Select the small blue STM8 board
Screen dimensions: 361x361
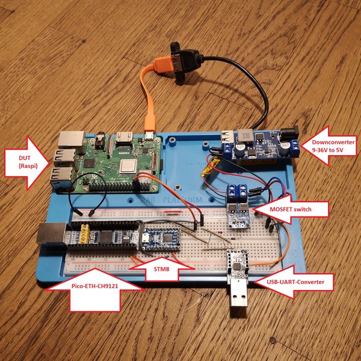161,237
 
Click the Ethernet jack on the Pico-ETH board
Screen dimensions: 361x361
51,233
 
